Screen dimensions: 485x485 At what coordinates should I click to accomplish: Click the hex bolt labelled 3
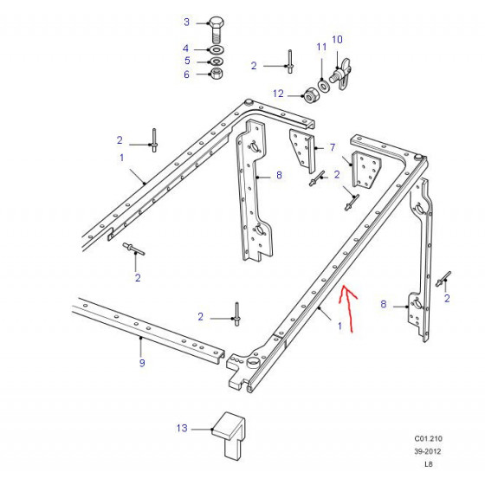217,30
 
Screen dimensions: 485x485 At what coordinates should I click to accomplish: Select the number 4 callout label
185,48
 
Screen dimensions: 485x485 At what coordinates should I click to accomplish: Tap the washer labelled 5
217,61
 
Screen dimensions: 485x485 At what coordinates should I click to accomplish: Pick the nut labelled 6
217,74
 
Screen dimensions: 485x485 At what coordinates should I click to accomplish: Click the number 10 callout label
337,39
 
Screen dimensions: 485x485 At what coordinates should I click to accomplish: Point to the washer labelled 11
324,85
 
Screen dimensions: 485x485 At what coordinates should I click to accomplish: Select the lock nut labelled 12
309,95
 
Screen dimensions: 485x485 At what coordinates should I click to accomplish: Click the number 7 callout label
333,147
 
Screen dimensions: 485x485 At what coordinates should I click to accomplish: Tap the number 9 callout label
142,363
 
